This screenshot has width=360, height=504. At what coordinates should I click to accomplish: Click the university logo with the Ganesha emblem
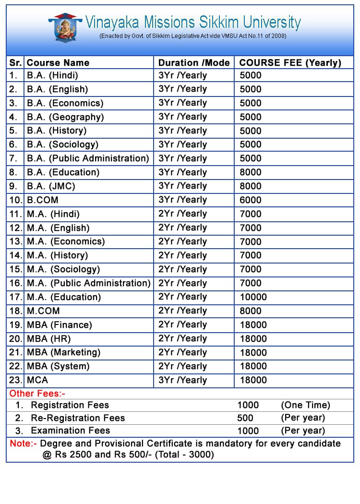[x=65, y=27]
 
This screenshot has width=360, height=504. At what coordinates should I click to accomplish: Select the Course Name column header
[x=58, y=62]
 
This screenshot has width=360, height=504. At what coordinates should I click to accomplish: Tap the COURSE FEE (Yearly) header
[x=290, y=62]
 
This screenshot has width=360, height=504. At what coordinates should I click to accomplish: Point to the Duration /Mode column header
[x=194, y=62]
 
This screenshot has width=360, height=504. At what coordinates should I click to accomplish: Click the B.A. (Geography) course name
[x=65, y=117]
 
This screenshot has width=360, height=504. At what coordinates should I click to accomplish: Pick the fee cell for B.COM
[x=251, y=200]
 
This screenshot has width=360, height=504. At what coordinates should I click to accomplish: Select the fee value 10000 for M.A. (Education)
[x=253, y=297]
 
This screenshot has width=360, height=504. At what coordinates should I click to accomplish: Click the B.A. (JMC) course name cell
[x=51, y=186]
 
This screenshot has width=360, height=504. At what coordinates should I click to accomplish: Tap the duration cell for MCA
[x=182, y=380]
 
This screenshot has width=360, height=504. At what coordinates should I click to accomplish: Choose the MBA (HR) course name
[x=49, y=338]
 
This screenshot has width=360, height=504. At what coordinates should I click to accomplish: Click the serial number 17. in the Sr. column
[x=16, y=297]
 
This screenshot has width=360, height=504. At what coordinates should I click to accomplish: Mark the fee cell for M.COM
[x=251, y=311]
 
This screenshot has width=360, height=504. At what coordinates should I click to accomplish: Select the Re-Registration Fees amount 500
[x=245, y=418]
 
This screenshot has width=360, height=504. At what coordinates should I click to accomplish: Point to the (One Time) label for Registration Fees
[x=305, y=405]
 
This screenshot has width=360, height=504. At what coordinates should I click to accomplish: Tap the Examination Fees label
[x=70, y=431]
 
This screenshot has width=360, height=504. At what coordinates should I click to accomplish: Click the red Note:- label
[x=23, y=444]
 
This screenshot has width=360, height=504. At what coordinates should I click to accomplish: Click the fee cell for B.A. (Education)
[x=251, y=172]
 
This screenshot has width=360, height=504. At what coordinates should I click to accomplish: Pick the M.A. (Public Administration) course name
[x=88, y=283]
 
